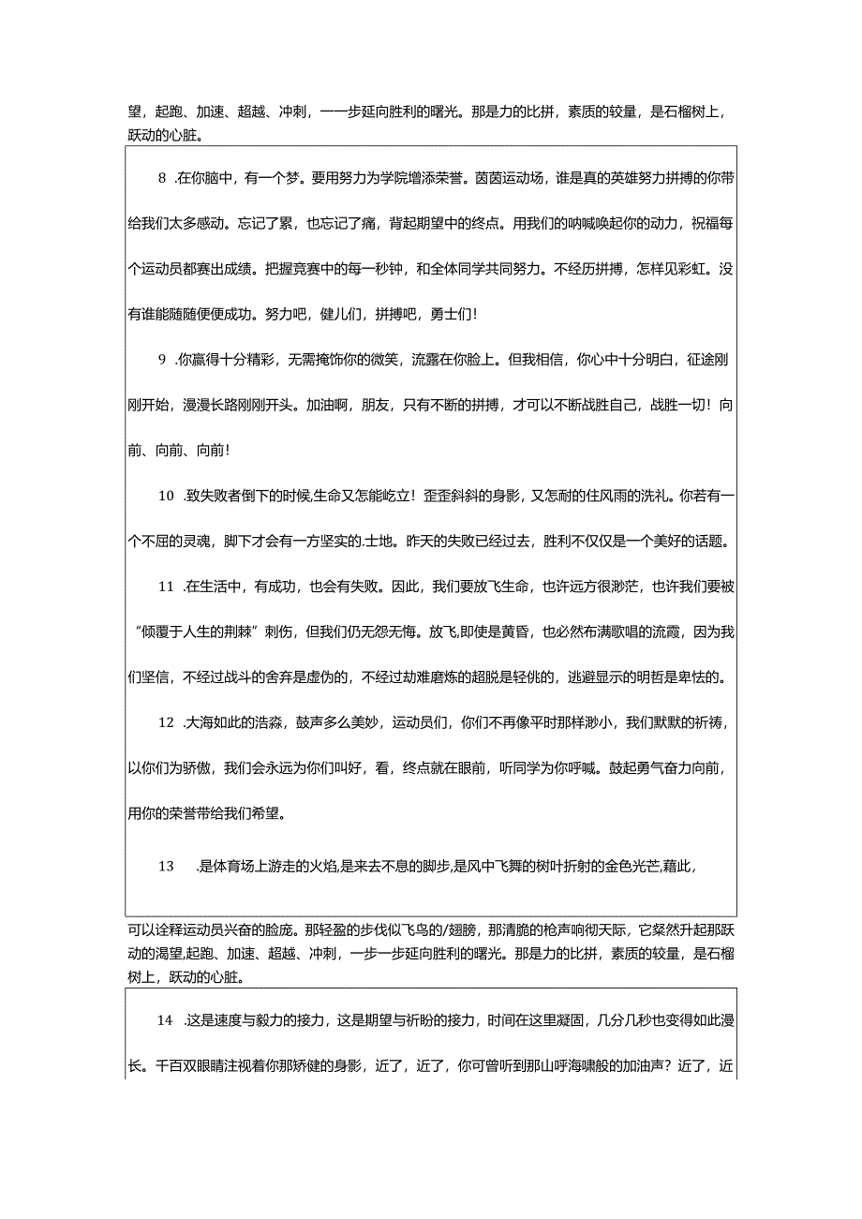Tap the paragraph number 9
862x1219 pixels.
pyautogui.click(x=162, y=359)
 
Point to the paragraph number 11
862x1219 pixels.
pyautogui.click(x=166, y=587)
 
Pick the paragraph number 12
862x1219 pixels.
pyautogui.click(x=166, y=722)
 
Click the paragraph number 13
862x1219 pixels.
pyautogui.click(x=166, y=867)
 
